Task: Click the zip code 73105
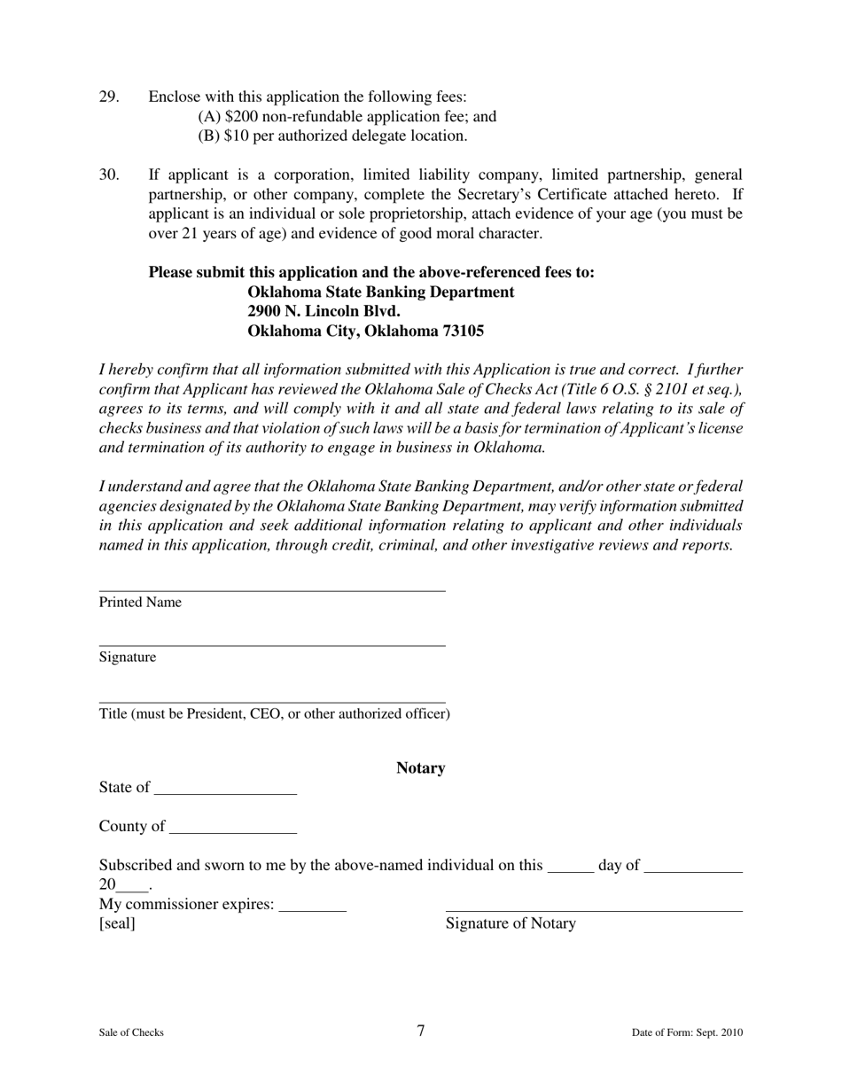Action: (462, 331)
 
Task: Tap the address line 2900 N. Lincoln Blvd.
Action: (324, 312)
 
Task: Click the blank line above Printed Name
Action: (271, 589)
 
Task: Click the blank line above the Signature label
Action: (271, 644)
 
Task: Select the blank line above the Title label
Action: (271, 701)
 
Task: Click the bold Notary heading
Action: (420, 768)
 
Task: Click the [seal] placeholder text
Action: (117, 924)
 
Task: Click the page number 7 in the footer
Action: (420, 1031)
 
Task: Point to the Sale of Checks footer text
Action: (131, 1032)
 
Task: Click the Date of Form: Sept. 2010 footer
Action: (687, 1032)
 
